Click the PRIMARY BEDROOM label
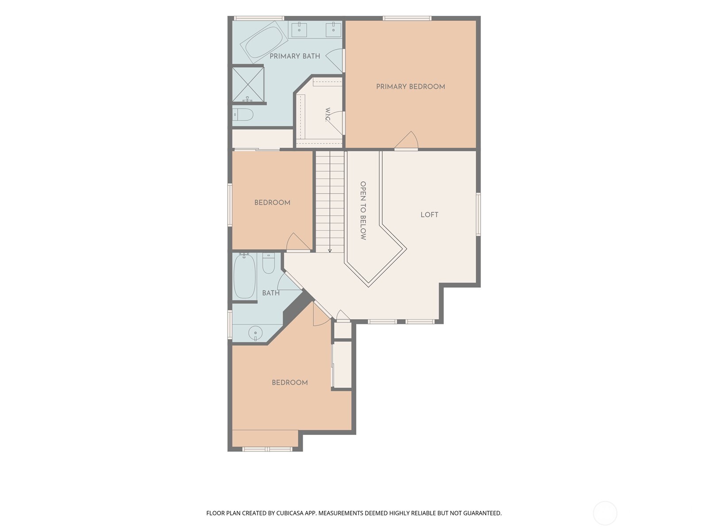pos(410,87)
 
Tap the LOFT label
pos(429,215)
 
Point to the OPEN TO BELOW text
pos(363,211)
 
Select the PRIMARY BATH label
pos(295,56)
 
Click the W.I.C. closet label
pos(328,115)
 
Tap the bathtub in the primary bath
pos(264,42)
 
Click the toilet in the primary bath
pos(243,114)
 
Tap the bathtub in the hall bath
pos(245,276)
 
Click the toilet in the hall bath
pos(268,263)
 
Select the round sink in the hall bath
pos(255,332)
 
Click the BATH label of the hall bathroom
pos(271,293)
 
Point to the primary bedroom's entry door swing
pos(406,140)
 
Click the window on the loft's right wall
pos(478,214)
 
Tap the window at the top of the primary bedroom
pos(407,19)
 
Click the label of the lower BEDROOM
pos(290,383)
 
